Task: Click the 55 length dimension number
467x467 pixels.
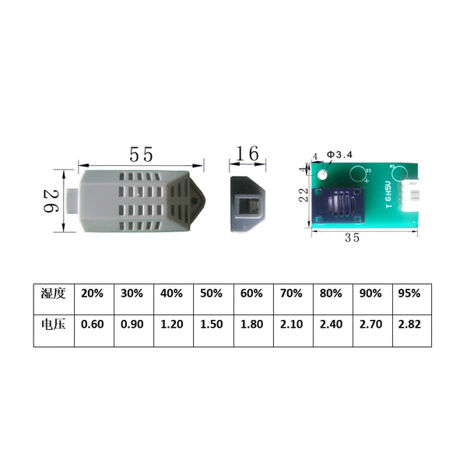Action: (141, 154)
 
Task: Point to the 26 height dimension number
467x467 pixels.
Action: (51, 202)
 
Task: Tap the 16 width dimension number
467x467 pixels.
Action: (248, 153)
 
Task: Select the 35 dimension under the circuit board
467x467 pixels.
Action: (352, 237)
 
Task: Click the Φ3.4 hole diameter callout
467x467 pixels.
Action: (339, 155)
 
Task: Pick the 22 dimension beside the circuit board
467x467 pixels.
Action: (304, 195)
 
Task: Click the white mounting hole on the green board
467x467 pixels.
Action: (322, 174)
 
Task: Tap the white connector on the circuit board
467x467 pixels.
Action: (411, 195)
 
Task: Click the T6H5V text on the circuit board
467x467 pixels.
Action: (388, 195)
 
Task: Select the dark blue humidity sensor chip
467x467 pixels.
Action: (339, 205)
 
